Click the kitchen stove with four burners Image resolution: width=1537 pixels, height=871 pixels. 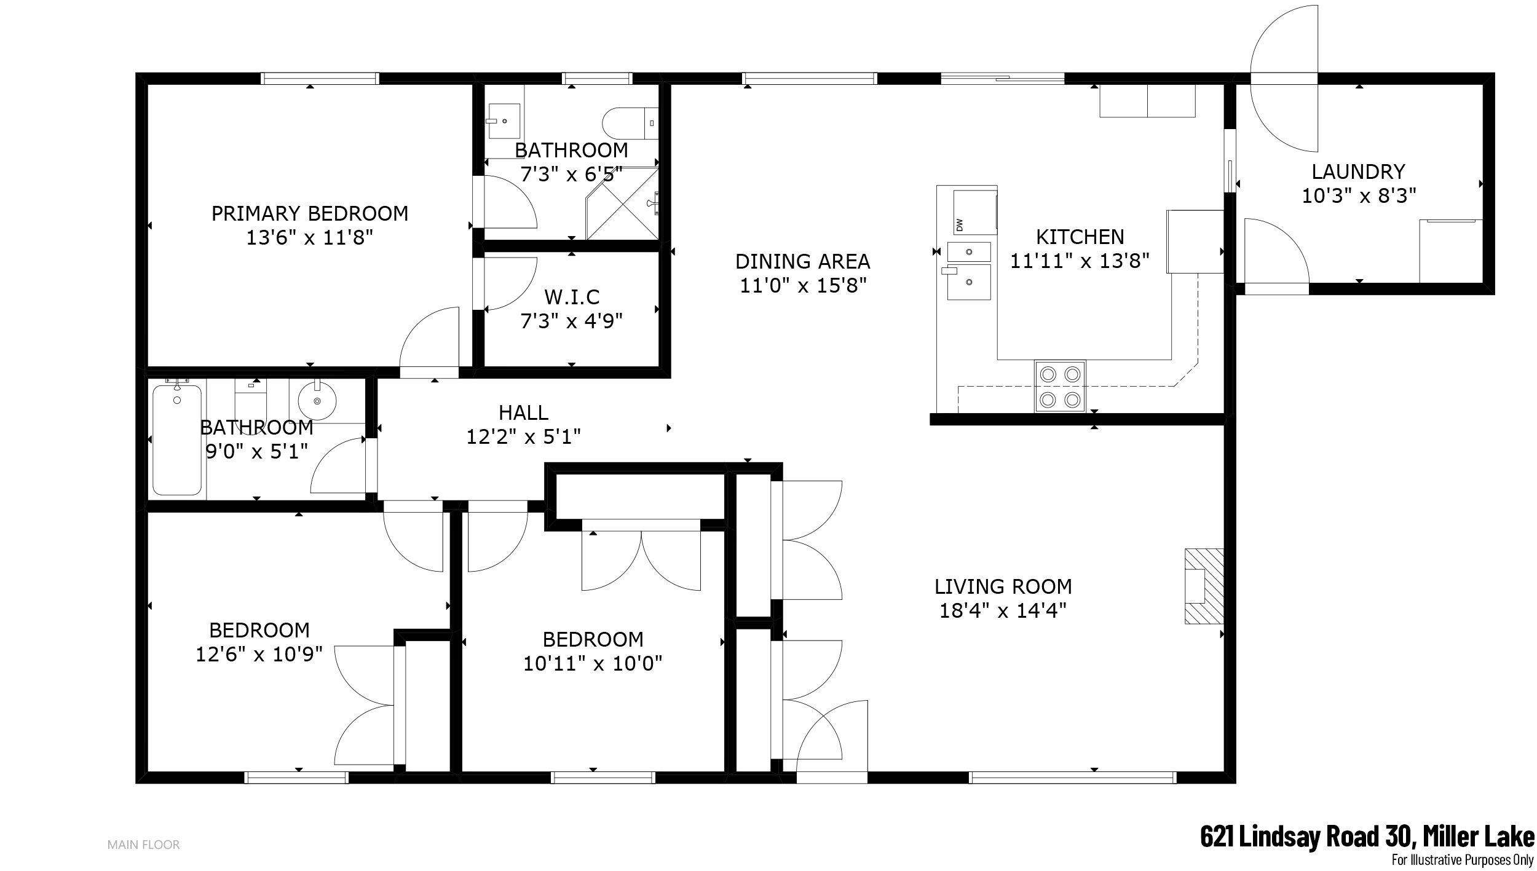(1060, 386)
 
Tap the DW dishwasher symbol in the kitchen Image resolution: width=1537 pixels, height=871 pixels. (974, 213)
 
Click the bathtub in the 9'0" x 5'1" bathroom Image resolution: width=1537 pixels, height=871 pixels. (177, 439)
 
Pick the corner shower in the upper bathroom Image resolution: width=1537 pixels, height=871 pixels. (622, 202)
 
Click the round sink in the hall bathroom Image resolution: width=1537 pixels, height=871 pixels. (317, 400)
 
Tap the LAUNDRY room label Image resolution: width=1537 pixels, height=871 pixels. (1359, 171)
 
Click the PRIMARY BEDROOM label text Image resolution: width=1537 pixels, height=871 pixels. (310, 213)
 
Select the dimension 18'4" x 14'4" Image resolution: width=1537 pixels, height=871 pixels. (1003, 610)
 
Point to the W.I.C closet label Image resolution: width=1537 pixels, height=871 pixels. (572, 297)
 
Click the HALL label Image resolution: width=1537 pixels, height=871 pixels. (523, 412)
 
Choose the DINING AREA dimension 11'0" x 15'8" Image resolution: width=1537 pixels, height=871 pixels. (803, 285)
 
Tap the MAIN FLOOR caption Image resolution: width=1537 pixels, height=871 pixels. (144, 845)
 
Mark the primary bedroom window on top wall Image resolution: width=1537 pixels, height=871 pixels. (320, 78)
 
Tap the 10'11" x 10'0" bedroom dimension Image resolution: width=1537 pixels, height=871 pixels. (593, 663)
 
